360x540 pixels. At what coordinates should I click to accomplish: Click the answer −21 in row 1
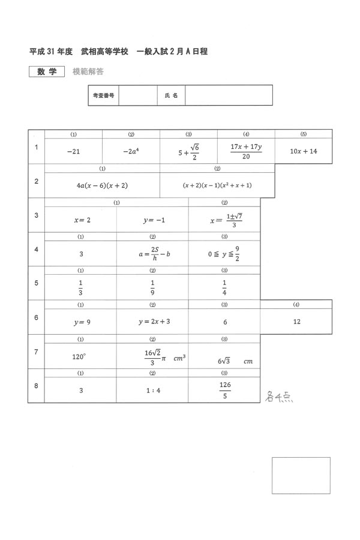(73, 152)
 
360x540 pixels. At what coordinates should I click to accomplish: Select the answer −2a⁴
(131, 152)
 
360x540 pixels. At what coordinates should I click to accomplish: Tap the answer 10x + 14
(303, 151)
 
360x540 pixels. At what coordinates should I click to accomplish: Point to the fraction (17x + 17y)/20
(246, 151)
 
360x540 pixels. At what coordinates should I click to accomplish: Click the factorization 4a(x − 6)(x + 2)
(103, 185)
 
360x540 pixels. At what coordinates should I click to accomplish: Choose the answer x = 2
(82, 220)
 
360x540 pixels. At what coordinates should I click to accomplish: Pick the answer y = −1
(154, 220)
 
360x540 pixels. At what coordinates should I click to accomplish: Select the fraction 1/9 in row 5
(152, 289)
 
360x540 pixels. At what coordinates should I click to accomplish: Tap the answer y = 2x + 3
(154, 322)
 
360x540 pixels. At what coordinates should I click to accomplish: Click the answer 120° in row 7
(79, 356)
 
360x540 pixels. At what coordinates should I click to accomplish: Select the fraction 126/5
(225, 389)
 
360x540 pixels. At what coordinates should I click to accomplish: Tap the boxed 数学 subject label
(46, 71)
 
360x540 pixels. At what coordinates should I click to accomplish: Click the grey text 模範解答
(88, 71)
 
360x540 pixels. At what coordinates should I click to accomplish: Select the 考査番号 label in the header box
(103, 95)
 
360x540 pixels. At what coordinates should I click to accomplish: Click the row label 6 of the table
(36, 317)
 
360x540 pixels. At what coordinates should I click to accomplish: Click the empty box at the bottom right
(301, 475)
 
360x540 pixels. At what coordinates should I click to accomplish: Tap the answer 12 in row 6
(296, 322)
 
